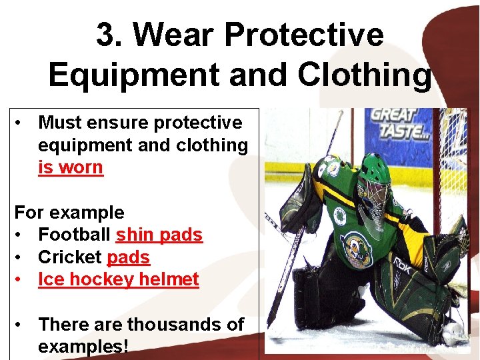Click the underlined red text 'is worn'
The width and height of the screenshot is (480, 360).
[x=71, y=167]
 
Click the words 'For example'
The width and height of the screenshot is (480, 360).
[x=69, y=213]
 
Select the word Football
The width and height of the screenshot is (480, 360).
[x=75, y=235]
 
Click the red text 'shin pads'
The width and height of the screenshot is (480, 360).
[x=159, y=235]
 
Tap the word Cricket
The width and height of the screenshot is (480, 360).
[x=70, y=257]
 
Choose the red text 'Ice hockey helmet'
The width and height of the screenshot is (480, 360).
[x=119, y=279]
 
